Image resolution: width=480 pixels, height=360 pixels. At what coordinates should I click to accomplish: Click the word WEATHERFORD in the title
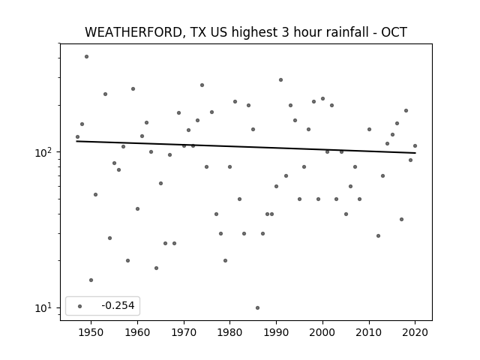pyautogui.click(x=133, y=32)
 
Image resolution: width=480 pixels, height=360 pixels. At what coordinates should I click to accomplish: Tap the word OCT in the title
pyautogui.click(x=394, y=32)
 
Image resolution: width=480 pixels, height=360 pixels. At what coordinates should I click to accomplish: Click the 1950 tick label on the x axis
pyautogui.click(x=91, y=332)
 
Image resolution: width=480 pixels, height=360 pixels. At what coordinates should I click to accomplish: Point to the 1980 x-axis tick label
pyautogui.click(x=229, y=332)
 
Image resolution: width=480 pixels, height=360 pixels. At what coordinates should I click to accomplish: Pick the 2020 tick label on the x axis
pyautogui.click(x=415, y=332)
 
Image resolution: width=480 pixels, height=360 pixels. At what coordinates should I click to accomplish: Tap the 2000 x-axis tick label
pyautogui.click(x=322, y=332)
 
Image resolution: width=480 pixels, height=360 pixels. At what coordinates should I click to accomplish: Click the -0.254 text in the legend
pyautogui.click(x=118, y=305)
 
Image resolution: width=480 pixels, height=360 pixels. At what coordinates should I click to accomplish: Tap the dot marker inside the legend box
pyautogui.click(x=80, y=306)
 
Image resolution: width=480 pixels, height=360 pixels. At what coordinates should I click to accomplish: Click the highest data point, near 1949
pyautogui.click(x=87, y=57)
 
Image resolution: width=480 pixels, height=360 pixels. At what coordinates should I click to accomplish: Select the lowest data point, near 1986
pyautogui.click(x=257, y=307)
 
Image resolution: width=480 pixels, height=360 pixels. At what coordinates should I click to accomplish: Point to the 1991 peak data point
pyautogui.click(x=280, y=80)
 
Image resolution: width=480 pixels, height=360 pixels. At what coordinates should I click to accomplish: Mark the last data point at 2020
pyautogui.click(x=415, y=145)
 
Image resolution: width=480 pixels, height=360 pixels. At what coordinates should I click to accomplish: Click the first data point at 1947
pyautogui.click(x=77, y=136)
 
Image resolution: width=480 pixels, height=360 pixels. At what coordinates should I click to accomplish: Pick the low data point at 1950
pyautogui.click(x=91, y=280)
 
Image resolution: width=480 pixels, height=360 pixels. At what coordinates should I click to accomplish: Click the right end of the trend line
pyautogui.click(x=415, y=153)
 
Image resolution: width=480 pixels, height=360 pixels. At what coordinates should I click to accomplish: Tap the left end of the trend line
pyautogui.click(x=76, y=141)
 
